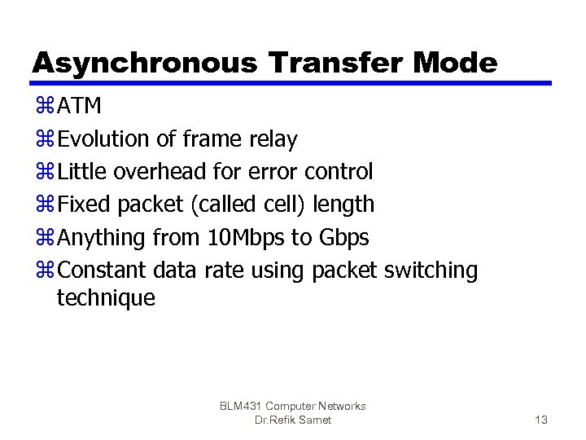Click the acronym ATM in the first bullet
[80, 107]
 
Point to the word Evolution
[105, 139]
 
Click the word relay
[272, 140]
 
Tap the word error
[273, 172]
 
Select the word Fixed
[85, 205]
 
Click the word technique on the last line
[106, 298]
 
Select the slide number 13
[540, 420]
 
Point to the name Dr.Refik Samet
[292, 420]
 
